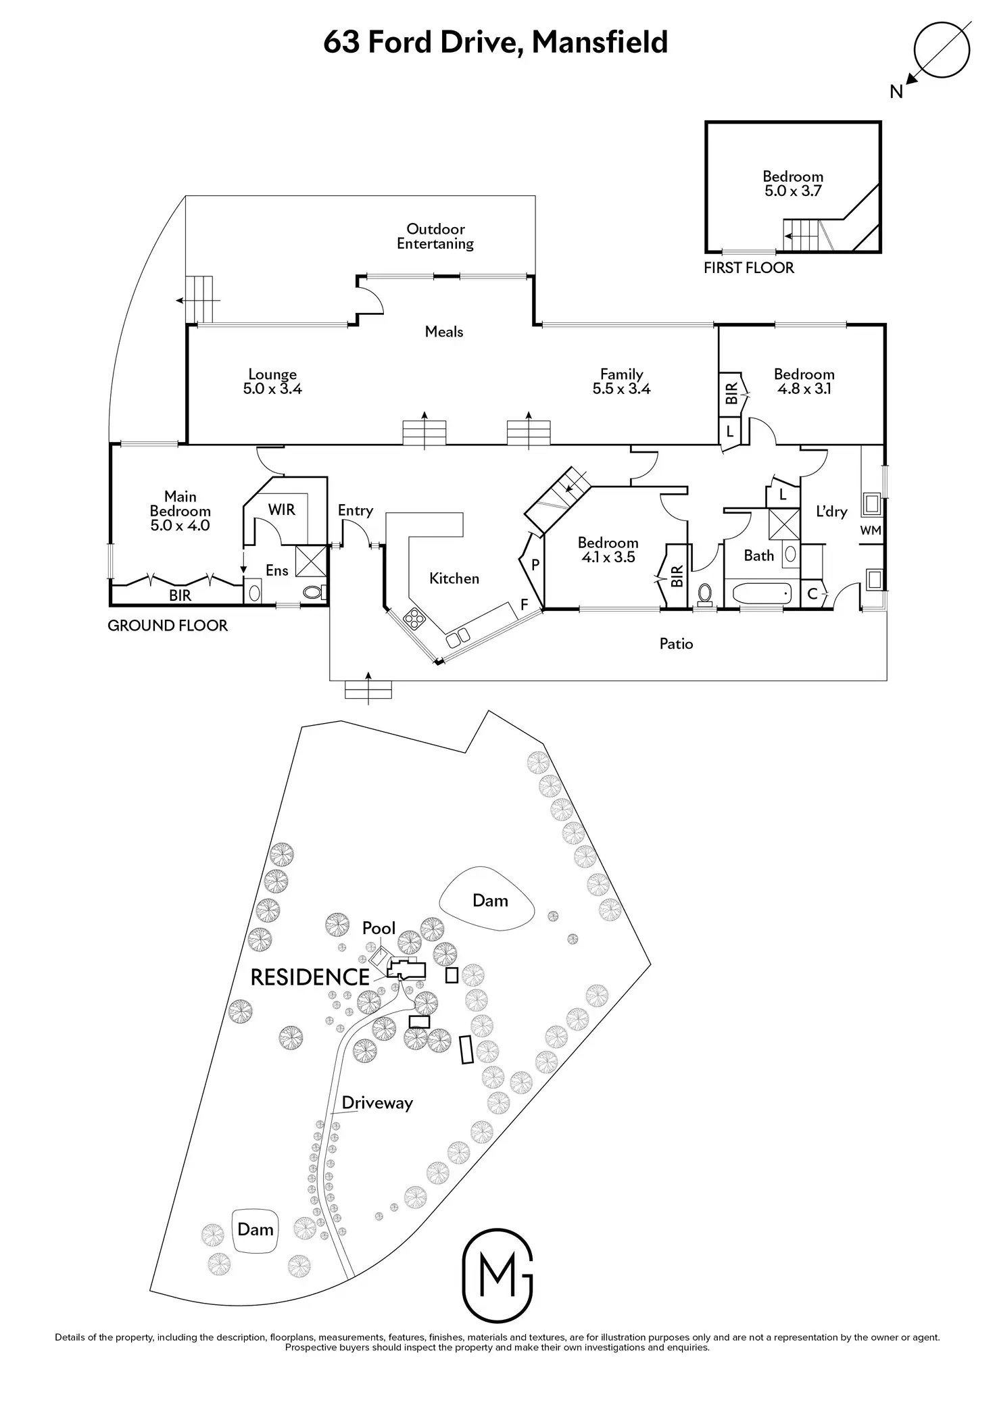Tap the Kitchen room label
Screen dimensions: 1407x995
coord(454,578)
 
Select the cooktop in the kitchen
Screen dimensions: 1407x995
coord(412,618)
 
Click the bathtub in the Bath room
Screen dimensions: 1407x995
coord(761,594)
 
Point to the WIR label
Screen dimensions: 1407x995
coord(281,510)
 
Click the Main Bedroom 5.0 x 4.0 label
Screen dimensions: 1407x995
coord(180,511)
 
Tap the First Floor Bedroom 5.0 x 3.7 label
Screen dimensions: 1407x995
coord(793,184)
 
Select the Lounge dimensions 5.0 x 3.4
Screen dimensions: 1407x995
coord(272,389)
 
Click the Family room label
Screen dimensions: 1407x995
coord(621,374)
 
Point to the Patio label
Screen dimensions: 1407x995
coord(676,644)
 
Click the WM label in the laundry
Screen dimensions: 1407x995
coord(871,530)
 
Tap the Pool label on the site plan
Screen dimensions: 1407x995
coord(379,929)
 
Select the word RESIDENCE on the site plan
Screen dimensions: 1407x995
coord(310,977)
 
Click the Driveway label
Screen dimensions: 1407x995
coord(377,1103)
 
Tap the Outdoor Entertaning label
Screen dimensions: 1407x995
coord(435,237)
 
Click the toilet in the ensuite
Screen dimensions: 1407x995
coord(313,593)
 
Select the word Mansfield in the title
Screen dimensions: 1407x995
coord(600,42)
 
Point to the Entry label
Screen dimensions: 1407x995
coord(355,511)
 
